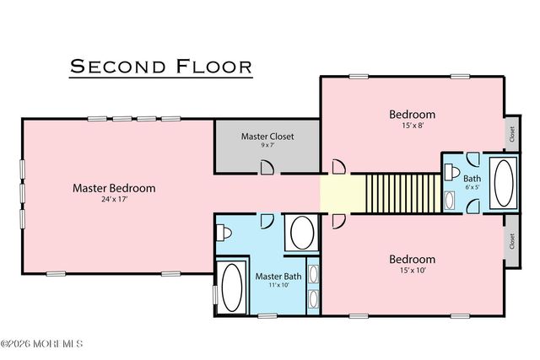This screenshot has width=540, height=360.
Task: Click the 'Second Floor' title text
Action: click(160, 66)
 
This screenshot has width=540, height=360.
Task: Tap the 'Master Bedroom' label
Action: click(114, 188)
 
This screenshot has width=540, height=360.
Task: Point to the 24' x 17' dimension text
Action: click(114, 201)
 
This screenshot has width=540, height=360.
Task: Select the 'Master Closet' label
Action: click(267, 135)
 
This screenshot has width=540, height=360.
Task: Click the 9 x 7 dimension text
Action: click(267, 145)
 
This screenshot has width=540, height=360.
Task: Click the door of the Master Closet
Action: click(267, 167)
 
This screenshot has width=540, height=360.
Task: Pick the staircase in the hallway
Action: click(402, 192)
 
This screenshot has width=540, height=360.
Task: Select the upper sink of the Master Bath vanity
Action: click(312, 275)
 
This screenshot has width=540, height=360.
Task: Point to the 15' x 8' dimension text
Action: click(412, 126)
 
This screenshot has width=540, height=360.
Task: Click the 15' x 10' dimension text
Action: click(412, 271)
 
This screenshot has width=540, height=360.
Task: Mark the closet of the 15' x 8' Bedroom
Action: click(511, 132)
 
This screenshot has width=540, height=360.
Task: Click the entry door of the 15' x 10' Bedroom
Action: click(338, 221)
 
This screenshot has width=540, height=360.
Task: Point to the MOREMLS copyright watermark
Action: click(41, 344)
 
